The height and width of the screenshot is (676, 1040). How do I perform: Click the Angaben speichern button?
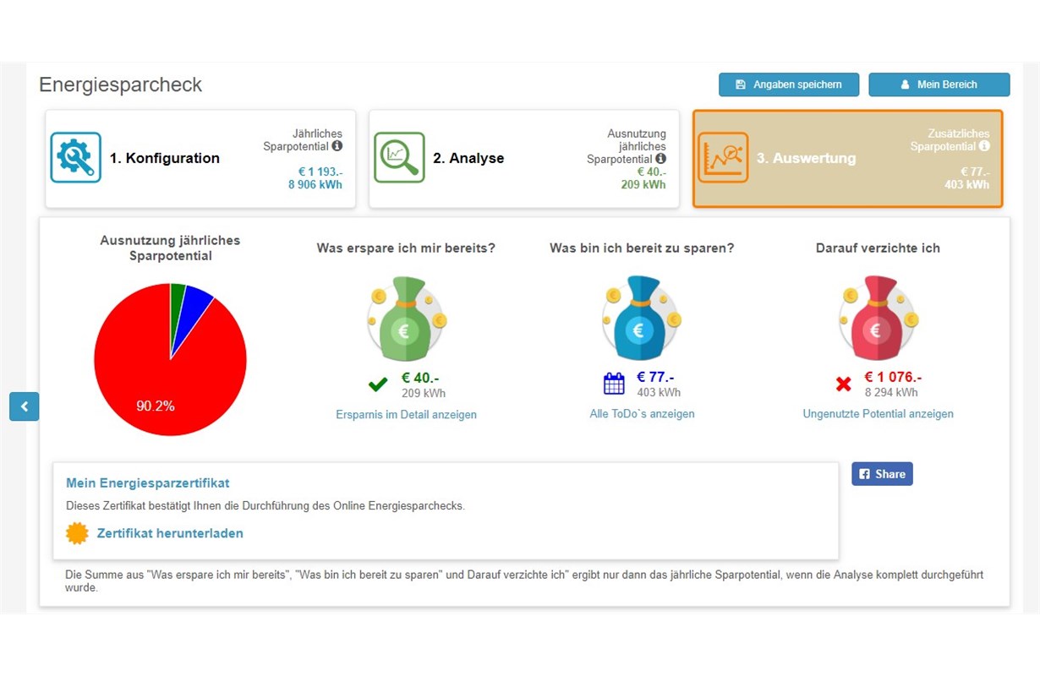789,84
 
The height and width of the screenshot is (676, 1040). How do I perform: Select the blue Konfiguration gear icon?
75,157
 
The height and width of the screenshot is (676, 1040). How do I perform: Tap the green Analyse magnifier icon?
399,157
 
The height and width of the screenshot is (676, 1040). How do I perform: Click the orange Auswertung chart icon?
723,157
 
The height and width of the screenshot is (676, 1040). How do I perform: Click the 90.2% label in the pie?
156,406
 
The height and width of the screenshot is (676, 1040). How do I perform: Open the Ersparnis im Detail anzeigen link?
406,415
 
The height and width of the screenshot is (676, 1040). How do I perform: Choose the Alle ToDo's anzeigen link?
642,414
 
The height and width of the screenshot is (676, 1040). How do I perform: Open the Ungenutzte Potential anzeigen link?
878,414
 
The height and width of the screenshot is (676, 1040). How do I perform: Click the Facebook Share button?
882,474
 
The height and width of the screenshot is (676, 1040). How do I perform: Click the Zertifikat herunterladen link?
170,533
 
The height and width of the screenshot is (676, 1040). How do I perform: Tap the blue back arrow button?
25,406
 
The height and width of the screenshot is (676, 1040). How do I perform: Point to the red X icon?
843,384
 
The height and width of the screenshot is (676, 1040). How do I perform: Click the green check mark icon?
378,385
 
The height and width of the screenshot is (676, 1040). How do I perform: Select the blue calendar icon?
614,384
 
